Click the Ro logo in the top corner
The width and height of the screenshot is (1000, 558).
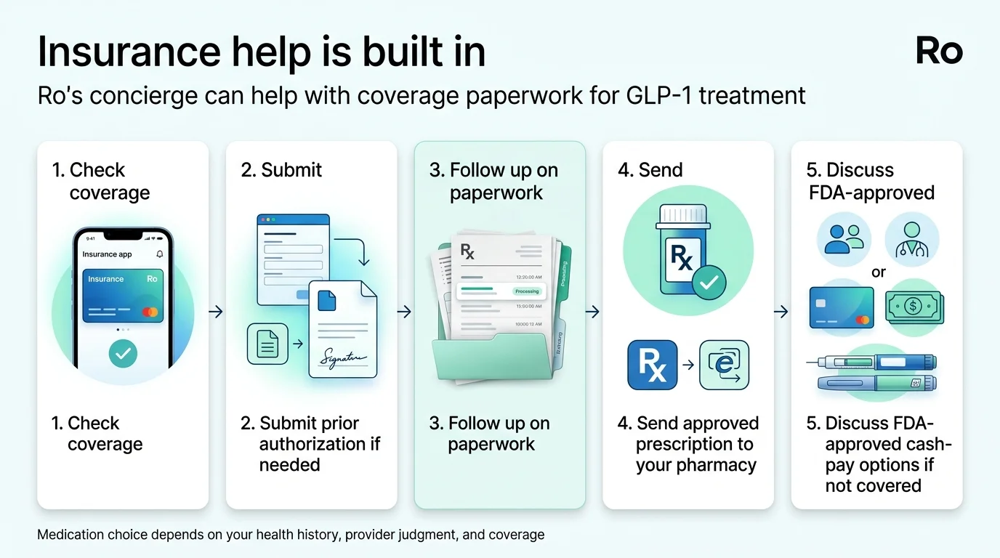point(939,52)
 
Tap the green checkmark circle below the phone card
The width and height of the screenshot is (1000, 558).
point(123,354)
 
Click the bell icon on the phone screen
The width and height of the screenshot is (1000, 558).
point(160,254)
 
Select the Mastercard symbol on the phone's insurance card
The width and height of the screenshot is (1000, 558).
point(150,312)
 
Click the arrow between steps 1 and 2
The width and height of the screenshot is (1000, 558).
point(216,312)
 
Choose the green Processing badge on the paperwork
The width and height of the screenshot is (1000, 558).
point(526,291)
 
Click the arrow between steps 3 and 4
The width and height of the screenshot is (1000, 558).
point(593,312)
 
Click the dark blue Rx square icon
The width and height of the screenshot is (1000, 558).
point(652,365)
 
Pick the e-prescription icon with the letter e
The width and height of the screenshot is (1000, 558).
point(724,365)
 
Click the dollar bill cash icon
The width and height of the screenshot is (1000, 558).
point(914,307)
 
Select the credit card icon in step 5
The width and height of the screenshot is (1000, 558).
point(842,307)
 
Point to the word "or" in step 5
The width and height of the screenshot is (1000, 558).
point(879,273)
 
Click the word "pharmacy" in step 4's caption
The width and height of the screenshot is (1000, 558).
point(714,465)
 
